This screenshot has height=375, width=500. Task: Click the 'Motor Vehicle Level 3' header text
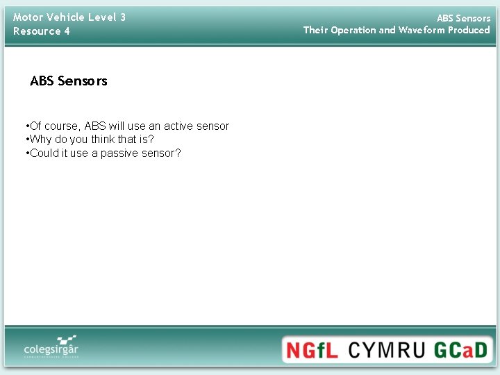(69, 17)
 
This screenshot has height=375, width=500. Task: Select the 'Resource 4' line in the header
(42, 31)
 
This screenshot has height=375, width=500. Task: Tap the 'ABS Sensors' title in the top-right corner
(463, 18)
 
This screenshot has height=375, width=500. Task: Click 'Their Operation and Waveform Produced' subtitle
(397, 30)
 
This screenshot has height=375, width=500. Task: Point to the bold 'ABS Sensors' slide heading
(69, 81)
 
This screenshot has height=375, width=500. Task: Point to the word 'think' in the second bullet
(104, 140)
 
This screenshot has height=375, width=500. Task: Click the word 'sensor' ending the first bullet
(213, 126)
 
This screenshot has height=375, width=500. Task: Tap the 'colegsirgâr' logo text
(51, 349)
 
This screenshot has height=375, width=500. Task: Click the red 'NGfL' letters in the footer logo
(312, 349)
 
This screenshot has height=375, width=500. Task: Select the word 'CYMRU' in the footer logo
(387, 349)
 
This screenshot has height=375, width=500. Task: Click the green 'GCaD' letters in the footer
(462, 349)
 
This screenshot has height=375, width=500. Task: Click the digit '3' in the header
(123, 17)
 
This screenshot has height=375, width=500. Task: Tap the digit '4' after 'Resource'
(67, 31)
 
